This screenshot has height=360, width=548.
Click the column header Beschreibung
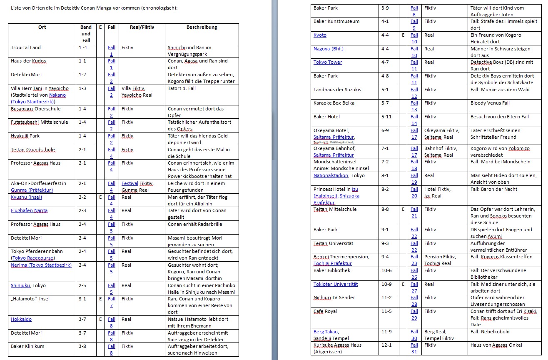coord(202,27)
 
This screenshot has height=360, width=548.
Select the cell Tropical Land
coord(26,47)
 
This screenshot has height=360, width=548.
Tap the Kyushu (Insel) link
coord(26,197)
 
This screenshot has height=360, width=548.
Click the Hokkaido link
coord(21,319)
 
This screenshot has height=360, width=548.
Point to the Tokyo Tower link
coord(328,62)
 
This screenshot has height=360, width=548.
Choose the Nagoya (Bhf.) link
coord(329,49)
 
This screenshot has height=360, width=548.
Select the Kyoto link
coord(320,35)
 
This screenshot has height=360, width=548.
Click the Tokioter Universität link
coord(336,284)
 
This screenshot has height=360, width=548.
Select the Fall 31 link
coord(414,348)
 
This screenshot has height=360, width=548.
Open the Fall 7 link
coord(111,302)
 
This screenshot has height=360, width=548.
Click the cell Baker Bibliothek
coord(332,270)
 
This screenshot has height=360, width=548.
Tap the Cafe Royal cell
coord(325,311)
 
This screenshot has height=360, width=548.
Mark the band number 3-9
coord(385,8)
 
